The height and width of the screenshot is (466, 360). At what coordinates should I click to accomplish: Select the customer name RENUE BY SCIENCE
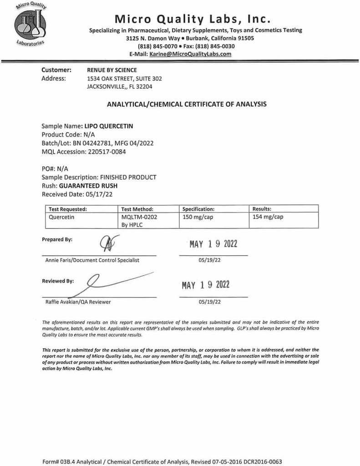tap(112, 70)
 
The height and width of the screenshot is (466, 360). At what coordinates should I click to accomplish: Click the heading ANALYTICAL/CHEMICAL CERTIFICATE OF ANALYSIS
tap(187, 104)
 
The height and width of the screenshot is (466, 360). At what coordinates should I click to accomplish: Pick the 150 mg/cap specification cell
tap(198, 217)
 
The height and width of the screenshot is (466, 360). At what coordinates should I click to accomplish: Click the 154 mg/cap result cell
tap(268, 217)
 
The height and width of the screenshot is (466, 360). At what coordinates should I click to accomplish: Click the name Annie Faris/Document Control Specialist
tap(92, 260)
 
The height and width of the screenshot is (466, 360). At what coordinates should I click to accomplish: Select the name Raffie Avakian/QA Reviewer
tap(78, 302)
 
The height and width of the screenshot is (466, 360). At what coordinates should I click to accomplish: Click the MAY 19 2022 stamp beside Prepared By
tap(213, 244)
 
